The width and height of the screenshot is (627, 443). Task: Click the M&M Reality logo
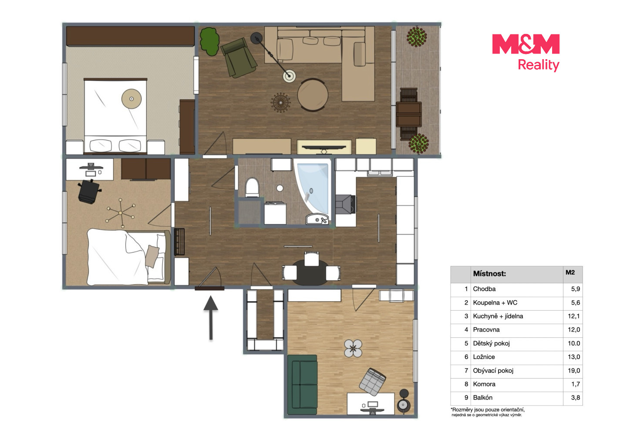click(x=526, y=53)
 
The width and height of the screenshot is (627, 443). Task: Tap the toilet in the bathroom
click(x=252, y=187)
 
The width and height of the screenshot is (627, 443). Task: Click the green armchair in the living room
click(x=239, y=58)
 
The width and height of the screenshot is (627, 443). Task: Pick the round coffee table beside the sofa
click(x=313, y=95)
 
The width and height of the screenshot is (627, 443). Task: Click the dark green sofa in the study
click(x=303, y=385)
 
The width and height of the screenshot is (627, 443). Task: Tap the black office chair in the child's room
click(x=89, y=191)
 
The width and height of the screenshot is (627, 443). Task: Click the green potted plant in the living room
click(x=210, y=41)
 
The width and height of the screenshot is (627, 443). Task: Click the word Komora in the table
click(x=484, y=384)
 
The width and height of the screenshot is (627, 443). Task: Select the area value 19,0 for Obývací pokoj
click(x=573, y=371)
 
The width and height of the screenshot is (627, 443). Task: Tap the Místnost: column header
click(x=489, y=274)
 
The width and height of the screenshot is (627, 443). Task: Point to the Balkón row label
click(x=482, y=397)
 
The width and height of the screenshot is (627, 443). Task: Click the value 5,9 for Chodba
click(x=575, y=289)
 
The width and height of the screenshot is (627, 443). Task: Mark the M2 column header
click(x=570, y=272)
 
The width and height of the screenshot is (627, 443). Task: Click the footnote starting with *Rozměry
click(x=487, y=412)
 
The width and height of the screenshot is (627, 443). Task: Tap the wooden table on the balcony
click(x=409, y=114)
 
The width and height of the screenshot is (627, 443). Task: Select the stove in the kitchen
click(x=346, y=204)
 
